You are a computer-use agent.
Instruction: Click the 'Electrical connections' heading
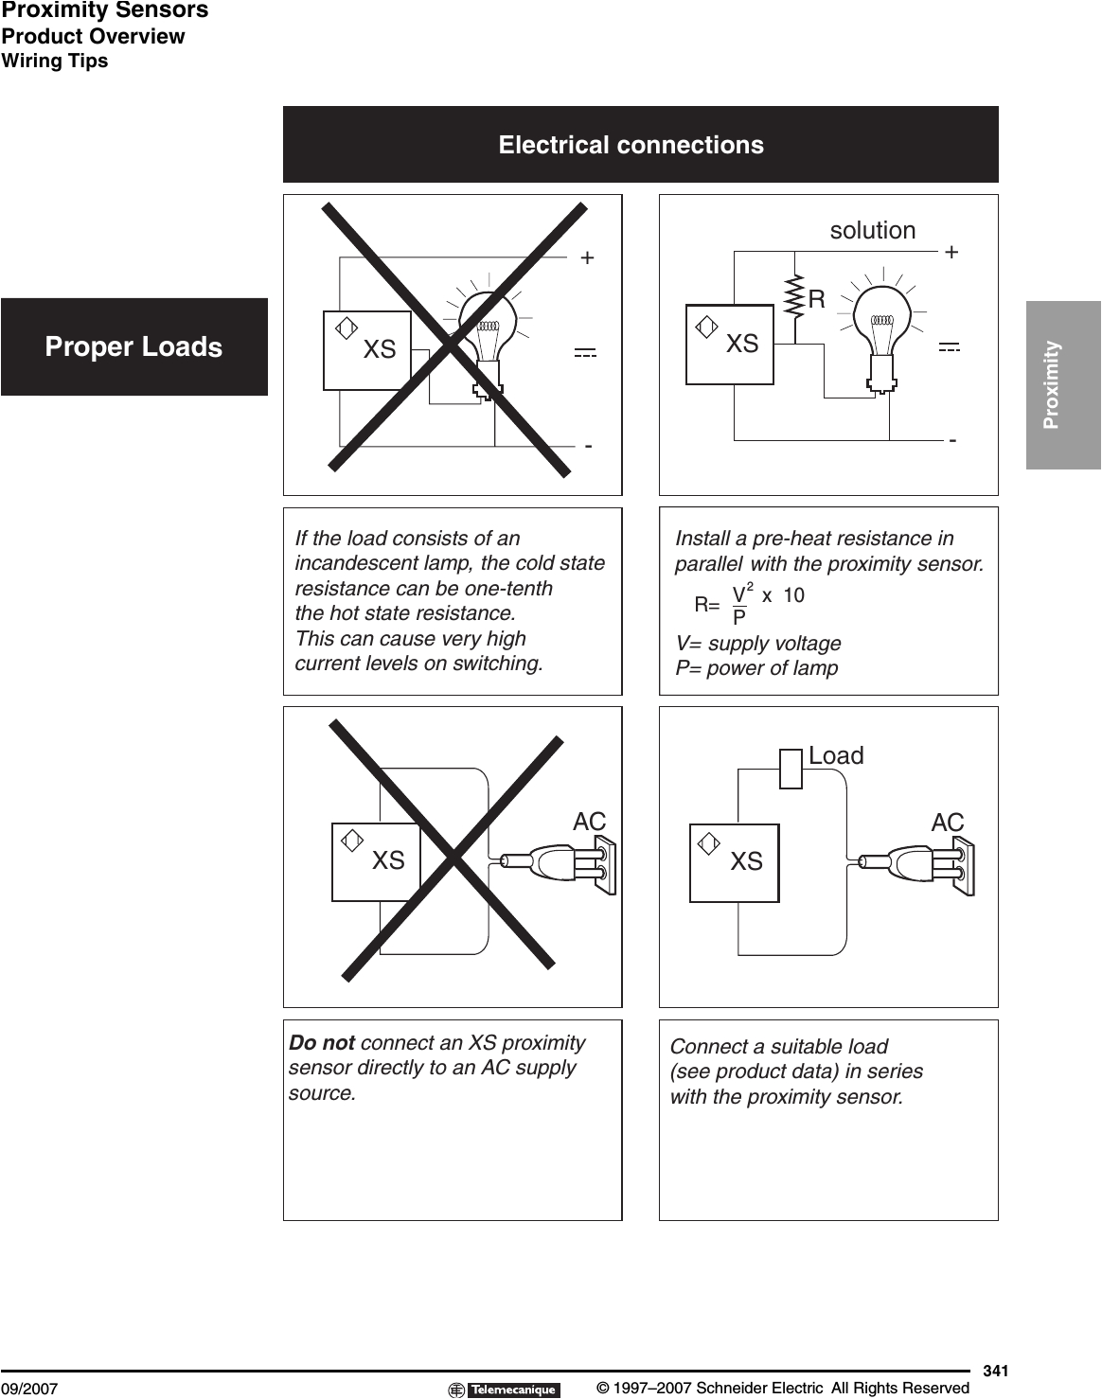coord(631,145)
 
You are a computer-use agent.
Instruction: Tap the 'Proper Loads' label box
coord(133,346)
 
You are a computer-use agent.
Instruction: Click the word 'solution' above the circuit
coord(872,230)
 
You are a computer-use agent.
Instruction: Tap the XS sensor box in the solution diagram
coord(729,345)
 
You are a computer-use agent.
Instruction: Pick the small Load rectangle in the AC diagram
coord(791,768)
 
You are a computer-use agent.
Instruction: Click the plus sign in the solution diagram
coord(951,253)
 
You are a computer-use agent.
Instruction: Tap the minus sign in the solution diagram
coord(952,441)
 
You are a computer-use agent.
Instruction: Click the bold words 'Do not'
coord(322,1043)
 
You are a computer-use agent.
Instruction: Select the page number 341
coord(995,1370)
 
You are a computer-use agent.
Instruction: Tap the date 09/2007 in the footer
coord(29,1389)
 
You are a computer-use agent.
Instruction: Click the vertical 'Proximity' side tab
coord(1062,384)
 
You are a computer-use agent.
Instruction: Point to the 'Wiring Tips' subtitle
coord(55,61)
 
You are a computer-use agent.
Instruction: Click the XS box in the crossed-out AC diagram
coord(375,861)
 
